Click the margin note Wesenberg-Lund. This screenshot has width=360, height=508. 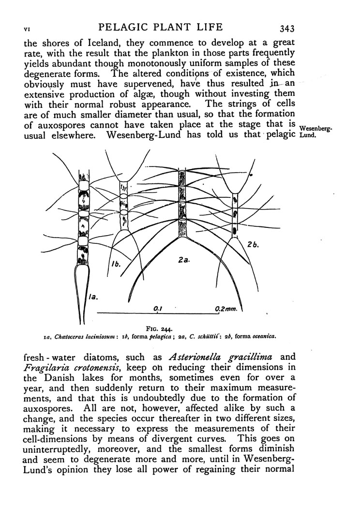pyautogui.click(x=315, y=132)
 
